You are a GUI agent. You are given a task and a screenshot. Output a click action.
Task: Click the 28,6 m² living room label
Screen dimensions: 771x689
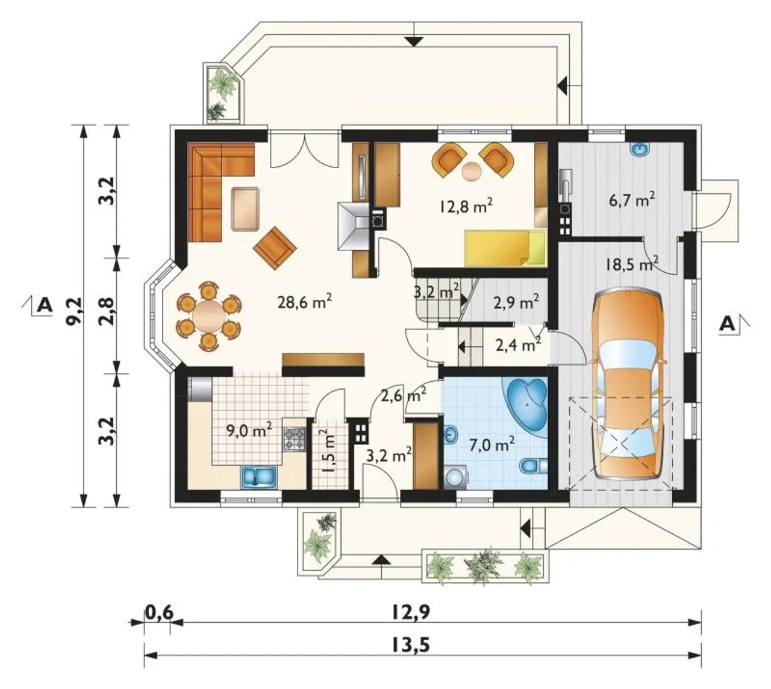305,303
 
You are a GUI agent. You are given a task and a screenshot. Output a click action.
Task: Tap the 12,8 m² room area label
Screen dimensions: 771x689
467,207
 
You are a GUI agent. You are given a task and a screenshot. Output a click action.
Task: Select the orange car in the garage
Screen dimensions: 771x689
628,385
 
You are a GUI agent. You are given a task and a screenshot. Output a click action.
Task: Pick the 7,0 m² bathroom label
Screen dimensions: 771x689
492,444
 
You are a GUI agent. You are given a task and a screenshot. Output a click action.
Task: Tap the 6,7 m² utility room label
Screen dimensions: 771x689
632,200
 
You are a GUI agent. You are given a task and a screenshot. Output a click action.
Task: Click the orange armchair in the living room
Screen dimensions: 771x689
275,248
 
